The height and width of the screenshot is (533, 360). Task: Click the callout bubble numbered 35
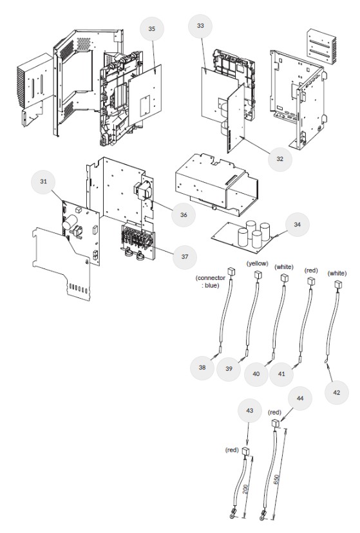pos(151,29)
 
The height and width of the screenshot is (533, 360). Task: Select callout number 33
pos(200,26)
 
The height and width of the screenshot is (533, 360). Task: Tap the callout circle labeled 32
pos(279,159)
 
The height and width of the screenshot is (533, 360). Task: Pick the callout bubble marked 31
pos(43,182)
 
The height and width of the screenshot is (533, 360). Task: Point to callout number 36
pos(184,215)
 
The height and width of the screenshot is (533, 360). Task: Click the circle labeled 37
pos(185,257)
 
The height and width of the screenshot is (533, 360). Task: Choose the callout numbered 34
pos(297,225)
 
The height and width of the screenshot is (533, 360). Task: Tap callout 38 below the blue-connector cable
pos(202,368)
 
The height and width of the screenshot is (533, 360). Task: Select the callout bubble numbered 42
pos(337,393)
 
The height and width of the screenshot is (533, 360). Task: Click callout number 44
pos(300,398)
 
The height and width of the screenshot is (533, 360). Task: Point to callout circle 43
pos(249,411)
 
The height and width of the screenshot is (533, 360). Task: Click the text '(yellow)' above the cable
pos(258,263)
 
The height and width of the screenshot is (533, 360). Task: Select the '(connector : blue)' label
pos(211,282)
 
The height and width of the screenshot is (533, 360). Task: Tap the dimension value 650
pos(277,480)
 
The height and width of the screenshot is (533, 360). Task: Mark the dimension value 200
pos(246,489)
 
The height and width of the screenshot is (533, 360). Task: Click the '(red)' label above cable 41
pos(312,270)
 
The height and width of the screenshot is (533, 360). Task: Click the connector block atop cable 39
pos(258,275)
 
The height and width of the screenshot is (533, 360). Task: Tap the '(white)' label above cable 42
pos(337,274)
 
